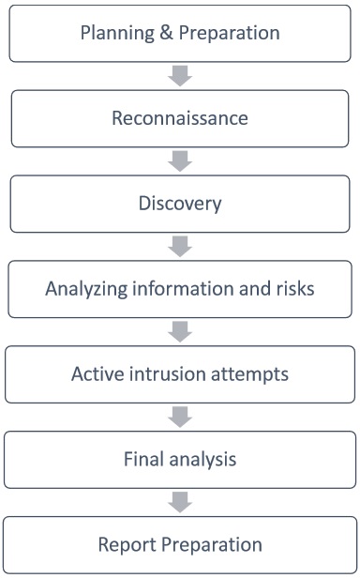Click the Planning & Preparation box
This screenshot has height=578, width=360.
pos(180,33)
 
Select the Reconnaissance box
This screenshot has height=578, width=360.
pos(180,119)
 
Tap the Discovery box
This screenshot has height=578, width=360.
pos(180,204)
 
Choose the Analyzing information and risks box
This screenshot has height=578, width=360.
pos(180,289)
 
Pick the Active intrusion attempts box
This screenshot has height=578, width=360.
pos(180,374)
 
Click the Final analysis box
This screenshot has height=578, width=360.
pos(180,460)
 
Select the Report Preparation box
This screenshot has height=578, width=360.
pos(180,544)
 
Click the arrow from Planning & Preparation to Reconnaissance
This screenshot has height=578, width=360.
pos(180,76)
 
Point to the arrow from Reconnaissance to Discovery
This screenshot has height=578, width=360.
pos(180,161)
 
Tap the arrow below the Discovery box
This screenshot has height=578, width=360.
pos(180,247)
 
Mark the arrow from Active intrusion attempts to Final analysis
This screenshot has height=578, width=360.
pos(180,417)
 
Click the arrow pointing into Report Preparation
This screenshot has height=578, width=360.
pos(180,502)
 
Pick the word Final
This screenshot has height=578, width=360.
pos(143,460)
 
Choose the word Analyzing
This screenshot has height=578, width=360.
pos(84,288)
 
